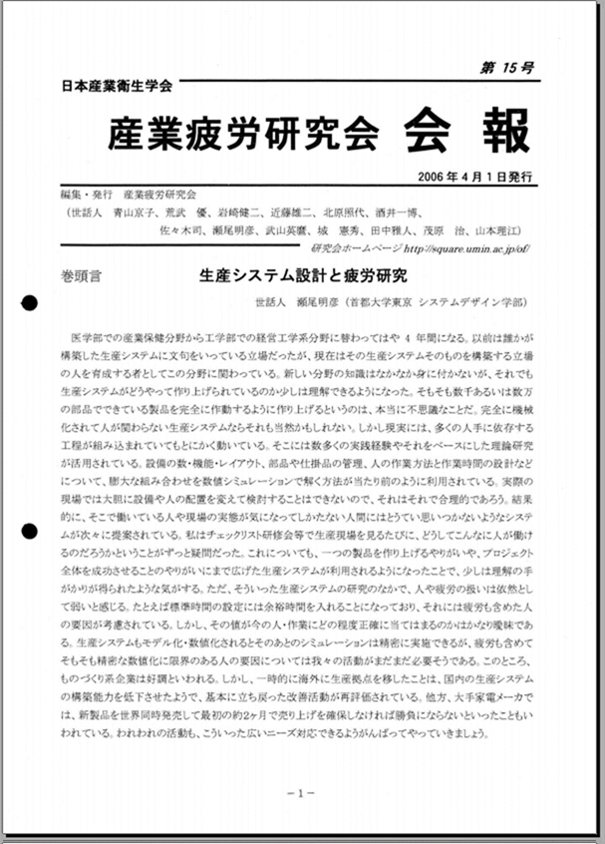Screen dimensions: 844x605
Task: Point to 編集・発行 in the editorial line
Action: click(88, 195)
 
